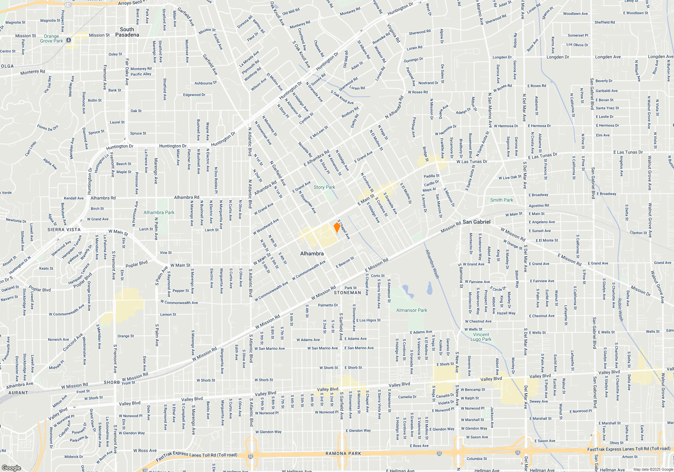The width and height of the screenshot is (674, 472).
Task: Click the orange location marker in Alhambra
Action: tap(337, 227)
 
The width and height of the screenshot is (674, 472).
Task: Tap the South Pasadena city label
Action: tap(127, 32)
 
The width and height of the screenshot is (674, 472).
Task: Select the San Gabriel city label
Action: tap(476, 222)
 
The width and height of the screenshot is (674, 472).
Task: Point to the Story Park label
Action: tap(324, 187)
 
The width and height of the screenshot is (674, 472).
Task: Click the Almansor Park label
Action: tap(411, 310)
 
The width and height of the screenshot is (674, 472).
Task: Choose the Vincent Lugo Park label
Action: tap(481, 337)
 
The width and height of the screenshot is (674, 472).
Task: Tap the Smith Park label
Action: tap(501, 200)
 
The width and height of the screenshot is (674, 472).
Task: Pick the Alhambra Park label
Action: tap(159, 212)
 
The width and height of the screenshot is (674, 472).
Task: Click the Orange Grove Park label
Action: tap(52, 38)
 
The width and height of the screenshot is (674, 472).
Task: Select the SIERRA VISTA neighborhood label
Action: tap(64, 230)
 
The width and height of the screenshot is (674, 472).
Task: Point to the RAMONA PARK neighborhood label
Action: tap(343, 453)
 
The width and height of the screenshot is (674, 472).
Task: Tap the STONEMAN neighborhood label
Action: tap(347, 293)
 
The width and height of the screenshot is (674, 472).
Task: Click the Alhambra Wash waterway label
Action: tap(432, 264)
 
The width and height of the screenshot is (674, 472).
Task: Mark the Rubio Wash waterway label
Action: tap(620, 309)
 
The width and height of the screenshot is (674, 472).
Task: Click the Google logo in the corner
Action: tap(11, 468)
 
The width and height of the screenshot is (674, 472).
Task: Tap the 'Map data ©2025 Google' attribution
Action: tap(653, 469)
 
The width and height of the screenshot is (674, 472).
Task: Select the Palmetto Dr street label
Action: tap(328, 305)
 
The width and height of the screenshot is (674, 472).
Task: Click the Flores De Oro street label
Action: tap(48, 127)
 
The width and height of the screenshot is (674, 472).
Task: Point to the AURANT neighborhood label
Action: tap(18, 393)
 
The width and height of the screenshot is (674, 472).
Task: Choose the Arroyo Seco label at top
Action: tap(130, 3)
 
